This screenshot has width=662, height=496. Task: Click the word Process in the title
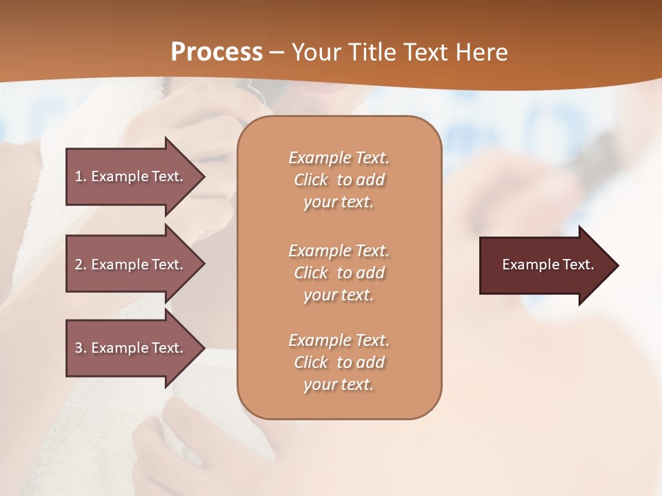click(x=217, y=52)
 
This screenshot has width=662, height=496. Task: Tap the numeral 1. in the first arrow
click(x=81, y=176)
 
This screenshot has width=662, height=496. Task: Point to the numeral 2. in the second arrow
click(x=81, y=265)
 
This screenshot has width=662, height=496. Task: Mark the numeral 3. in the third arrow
click(x=81, y=348)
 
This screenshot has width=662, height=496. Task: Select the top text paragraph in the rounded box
click(x=339, y=180)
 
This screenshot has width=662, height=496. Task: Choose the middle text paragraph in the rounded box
click(x=339, y=273)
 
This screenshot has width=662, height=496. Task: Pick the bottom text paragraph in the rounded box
click(x=339, y=362)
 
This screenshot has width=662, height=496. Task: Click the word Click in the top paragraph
click(x=311, y=180)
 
